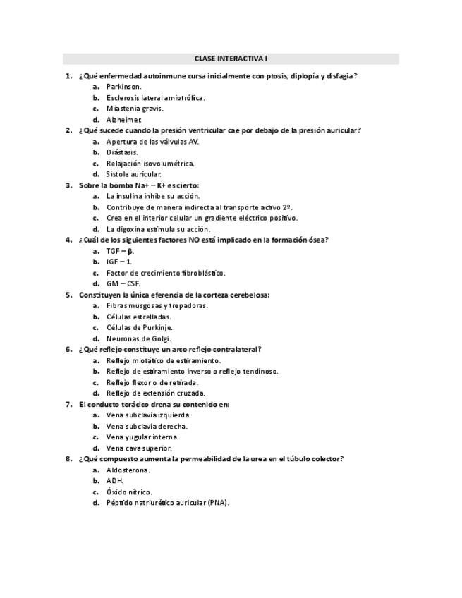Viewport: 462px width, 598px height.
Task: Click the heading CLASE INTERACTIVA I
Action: pyautogui.click(x=231, y=59)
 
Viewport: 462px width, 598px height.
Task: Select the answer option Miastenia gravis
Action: pyautogui.click(x=135, y=109)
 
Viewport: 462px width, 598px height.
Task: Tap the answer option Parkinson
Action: pyautogui.click(x=124, y=87)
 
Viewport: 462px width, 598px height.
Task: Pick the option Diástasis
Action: pyautogui.click(x=122, y=152)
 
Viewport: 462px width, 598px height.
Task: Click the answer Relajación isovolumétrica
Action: pyautogui.click(x=150, y=163)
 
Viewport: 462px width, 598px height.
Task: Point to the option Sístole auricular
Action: pyautogui.click(x=134, y=174)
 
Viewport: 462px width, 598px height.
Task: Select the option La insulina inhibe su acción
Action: pyautogui.click(x=153, y=196)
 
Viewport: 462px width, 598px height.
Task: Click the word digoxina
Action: pyautogui.click(x=133, y=229)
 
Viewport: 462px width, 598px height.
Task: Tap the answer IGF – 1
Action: pyautogui.click(x=119, y=262)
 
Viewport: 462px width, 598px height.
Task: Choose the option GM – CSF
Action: pyautogui.click(x=123, y=283)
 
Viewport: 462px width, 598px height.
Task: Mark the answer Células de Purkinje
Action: pyautogui.click(x=140, y=327)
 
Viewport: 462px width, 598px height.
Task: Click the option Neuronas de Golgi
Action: pyautogui.click(x=139, y=338)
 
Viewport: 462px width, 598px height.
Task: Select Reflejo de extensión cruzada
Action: pyautogui.click(x=156, y=393)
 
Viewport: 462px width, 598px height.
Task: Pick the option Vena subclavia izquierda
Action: pyautogui.click(x=149, y=415)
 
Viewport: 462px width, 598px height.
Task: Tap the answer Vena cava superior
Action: pyautogui.click(x=139, y=448)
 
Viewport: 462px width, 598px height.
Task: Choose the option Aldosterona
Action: pyautogui.click(x=128, y=470)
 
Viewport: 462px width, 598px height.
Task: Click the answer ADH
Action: pyautogui.click(x=115, y=481)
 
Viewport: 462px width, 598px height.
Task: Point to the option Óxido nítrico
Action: pyautogui.click(x=129, y=492)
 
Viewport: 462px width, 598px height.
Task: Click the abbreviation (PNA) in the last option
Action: pyautogui.click(x=218, y=503)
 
